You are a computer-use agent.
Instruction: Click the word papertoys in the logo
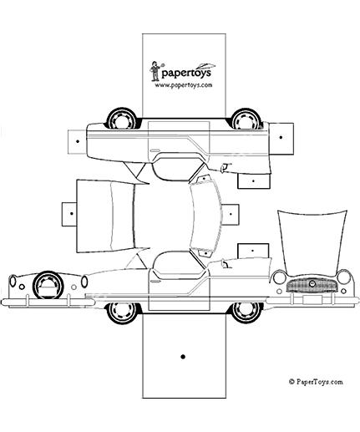(x=186, y=74)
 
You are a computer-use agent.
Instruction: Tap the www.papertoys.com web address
(x=184, y=85)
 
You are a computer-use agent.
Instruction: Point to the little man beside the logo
(x=155, y=71)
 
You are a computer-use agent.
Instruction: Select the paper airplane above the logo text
(x=205, y=66)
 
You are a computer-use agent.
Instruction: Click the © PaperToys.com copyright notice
(x=316, y=382)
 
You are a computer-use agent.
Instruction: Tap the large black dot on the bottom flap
(x=183, y=357)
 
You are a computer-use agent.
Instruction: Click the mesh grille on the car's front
(x=312, y=285)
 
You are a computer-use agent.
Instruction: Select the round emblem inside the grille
(x=312, y=284)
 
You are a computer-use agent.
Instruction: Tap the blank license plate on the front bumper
(x=312, y=300)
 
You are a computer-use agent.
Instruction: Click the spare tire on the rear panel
(x=48, y=285)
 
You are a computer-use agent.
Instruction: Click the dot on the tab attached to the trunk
(x=72, y=214)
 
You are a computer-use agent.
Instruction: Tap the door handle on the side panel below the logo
(x=154, y=150)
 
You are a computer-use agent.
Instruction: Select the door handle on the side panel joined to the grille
(x=154, y=282)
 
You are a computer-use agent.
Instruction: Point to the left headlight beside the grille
(x=279, y=277)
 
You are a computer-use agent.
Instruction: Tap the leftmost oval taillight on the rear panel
(x=13, y=281)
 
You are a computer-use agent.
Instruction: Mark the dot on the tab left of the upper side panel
(x=78, y=141)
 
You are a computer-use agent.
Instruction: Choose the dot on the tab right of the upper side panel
(x=281, y=137)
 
